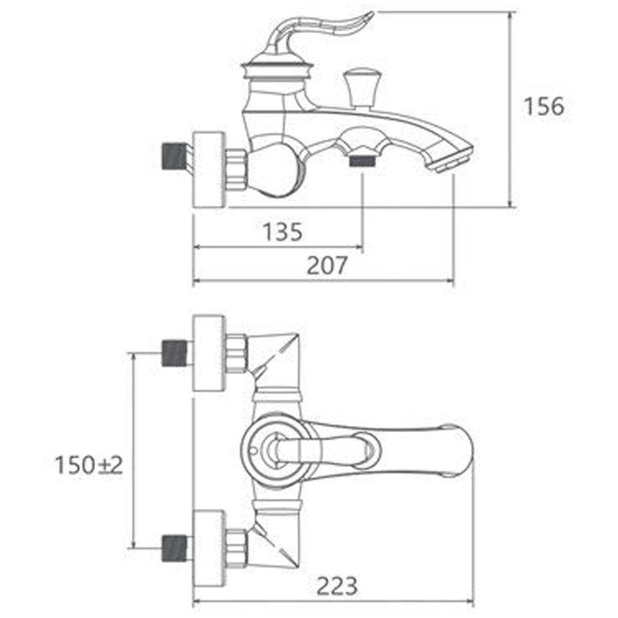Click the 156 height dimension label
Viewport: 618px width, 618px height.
(x=544, y=106)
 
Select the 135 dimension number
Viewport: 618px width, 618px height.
(x=283, y=232)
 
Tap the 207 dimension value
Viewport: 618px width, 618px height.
(x=327, y=265)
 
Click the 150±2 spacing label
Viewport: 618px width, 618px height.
(x=89, y=466)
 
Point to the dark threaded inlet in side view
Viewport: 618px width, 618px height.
(x=174, y=157)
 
